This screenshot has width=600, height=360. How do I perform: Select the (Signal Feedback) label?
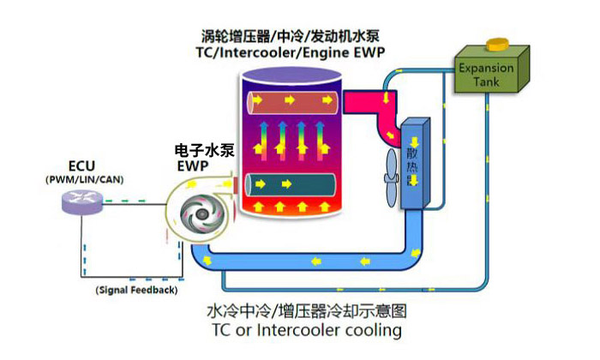(x=137, y=291)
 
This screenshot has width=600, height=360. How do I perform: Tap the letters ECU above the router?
(x=82, y=165)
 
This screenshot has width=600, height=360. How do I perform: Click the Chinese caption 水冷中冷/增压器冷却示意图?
(x=305, y=309)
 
